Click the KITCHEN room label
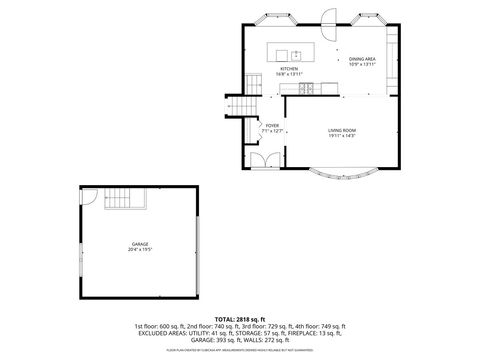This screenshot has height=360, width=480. point(289,68)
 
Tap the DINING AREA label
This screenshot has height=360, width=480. point(362,60)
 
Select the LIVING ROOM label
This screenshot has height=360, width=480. point(342,130)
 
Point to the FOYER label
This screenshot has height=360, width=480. point(272,125)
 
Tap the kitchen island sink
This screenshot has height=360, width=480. point(296,54)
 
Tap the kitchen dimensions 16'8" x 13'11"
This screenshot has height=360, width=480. point(289,74)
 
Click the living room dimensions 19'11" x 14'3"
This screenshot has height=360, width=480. point(342,136)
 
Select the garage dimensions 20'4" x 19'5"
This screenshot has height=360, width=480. point(139,249)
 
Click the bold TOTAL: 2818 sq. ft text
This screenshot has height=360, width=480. point(240,319)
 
